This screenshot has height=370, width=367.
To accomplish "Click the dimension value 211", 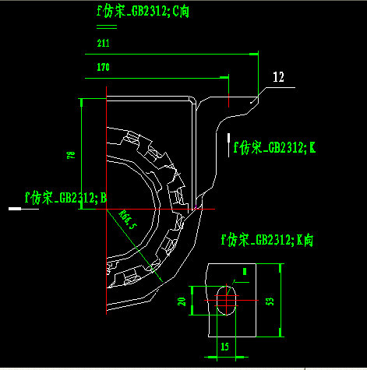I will [x=103, y=45].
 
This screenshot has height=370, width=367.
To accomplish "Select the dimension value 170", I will [x=103, y=68].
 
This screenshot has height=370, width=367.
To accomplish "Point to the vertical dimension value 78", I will [x=71, y=157].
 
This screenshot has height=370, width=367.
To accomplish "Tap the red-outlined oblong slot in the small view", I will [x=225, y=298].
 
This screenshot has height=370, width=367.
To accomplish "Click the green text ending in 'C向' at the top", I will [x=143, y=11].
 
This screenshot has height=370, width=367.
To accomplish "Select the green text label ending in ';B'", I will [x=65, y=198].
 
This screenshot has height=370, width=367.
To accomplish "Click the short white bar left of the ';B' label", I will [x=14, y=209].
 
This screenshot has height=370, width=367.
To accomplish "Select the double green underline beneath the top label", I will [x=106, y=27].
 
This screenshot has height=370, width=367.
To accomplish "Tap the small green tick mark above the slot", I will [x=245, y=272].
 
